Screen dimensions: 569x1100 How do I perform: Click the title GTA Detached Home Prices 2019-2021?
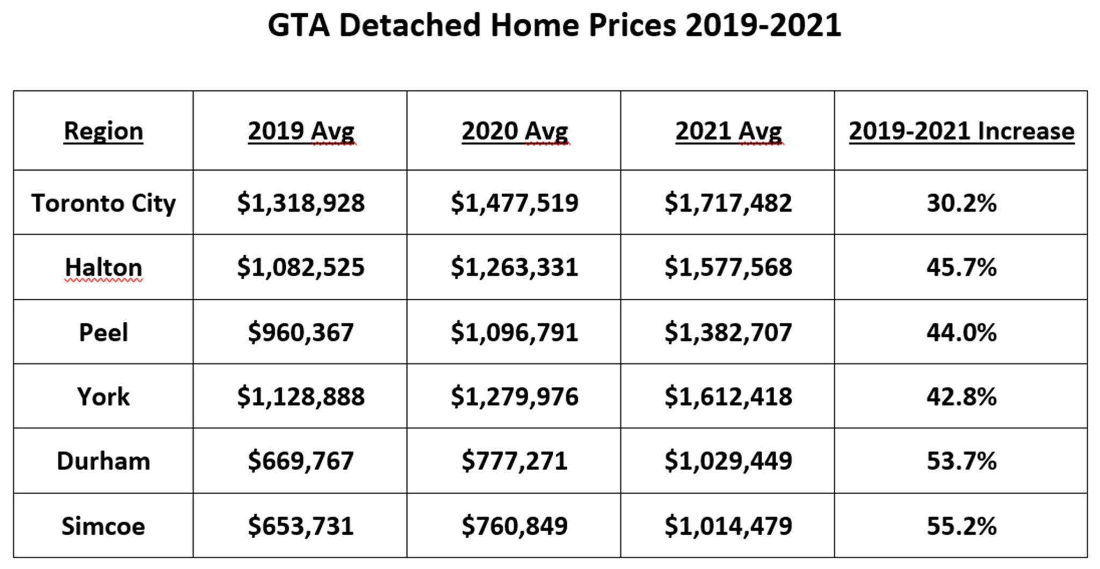coord(554,25)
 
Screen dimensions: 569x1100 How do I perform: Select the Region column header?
coord(103,131)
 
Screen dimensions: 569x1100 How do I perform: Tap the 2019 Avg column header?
coord(301,131)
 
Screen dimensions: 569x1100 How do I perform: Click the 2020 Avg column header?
coord(515,131)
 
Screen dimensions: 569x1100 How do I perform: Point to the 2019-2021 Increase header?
coord(961,131)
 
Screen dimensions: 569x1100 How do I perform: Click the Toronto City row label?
coord(103,203)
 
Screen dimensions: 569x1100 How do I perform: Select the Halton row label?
coord(103,267)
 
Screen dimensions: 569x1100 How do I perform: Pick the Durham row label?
coord(103,461)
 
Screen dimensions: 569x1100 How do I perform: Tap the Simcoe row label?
coord(103,526)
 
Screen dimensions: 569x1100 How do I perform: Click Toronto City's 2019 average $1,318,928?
coord(301,203)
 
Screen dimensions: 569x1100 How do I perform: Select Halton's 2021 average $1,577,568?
coord(728,267)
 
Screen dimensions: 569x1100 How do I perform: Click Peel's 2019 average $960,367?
coord(301,332)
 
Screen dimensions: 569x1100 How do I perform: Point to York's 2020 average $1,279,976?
coord(515,397)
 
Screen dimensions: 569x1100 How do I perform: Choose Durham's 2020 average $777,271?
coord(515,461)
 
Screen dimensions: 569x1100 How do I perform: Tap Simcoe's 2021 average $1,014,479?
coord(728,526)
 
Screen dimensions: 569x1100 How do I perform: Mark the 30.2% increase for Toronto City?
coord(961,203)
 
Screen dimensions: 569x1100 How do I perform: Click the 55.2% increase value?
coord(961,526)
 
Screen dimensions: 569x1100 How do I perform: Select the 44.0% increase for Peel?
coord(961,332)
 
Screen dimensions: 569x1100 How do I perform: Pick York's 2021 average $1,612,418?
coord(728,397)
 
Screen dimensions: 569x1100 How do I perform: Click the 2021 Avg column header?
coord(728,131)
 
